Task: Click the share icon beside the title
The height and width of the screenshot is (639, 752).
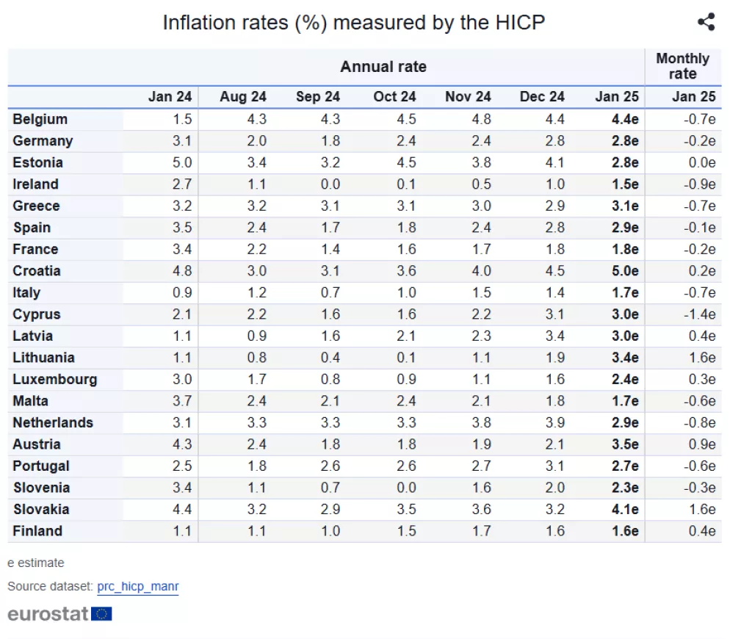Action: point(706,22)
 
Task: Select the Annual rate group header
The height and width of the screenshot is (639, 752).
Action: point(383,67)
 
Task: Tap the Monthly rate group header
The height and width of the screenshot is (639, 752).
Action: point(682,66)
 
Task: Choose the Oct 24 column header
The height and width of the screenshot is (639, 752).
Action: point(394,97)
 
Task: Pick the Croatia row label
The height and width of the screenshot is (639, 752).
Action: point(37,271)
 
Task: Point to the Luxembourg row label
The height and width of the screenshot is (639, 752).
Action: point(54,380)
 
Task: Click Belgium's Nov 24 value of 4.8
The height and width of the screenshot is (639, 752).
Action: point(481,119)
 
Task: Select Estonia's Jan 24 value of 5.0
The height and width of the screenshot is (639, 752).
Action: point(181,162)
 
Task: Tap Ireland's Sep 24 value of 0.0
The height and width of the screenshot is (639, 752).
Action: point(330,184)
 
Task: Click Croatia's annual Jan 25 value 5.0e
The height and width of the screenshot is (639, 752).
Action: point(625,271)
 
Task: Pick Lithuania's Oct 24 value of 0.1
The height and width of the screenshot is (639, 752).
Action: point(406,358)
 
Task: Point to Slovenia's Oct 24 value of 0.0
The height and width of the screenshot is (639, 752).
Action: point(406,488)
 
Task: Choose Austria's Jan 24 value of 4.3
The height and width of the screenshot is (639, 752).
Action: point(181,444)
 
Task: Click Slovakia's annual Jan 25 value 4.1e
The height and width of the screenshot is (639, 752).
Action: point(625,510)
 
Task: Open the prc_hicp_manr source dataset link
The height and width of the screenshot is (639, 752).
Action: point(137,587)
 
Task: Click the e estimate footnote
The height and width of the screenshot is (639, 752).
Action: point(36,563)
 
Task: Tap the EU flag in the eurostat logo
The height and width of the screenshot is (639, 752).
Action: point(102,614)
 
